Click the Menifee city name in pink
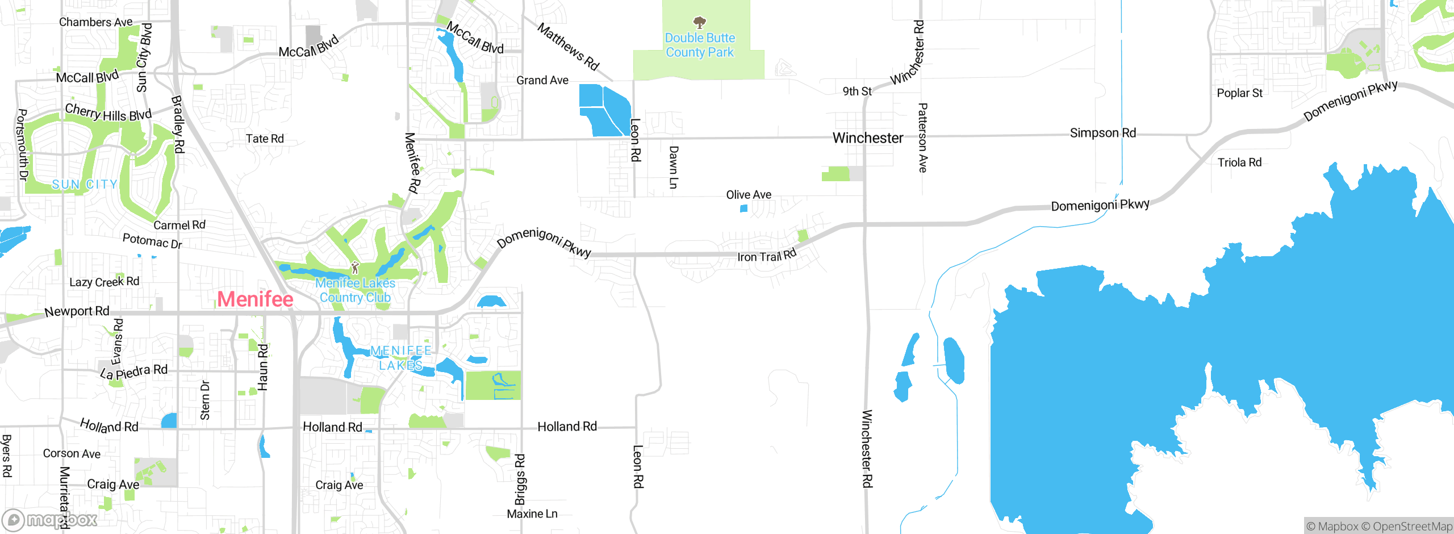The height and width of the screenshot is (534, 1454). (255, 299)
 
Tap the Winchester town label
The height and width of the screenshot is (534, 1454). (867, 137)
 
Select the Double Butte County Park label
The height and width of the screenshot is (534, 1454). (700, 45)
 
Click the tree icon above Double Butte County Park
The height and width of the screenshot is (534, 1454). (700, 23)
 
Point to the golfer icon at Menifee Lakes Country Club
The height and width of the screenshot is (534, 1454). (355, 267)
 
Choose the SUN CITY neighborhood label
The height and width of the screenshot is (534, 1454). (85, 185)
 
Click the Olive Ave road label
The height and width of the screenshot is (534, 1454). (749, 195)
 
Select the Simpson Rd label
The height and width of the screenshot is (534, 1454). (1102, 133)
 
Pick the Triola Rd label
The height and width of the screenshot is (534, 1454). (1239, 162)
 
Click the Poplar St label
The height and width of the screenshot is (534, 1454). (1239, 93)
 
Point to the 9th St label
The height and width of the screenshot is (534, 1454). (856, 91)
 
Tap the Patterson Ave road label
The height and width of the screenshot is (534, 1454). (922, 137)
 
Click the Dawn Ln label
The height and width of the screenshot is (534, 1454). (673, 167)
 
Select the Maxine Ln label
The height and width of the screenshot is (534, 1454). (532, 514)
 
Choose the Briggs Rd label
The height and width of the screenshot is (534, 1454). (520, 479)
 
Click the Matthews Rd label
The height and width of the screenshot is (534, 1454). (568, 47)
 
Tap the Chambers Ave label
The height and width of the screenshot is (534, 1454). (95, 22)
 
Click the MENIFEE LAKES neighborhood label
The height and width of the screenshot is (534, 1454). (400, 358)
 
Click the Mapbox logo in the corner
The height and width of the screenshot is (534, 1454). (50, 519)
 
